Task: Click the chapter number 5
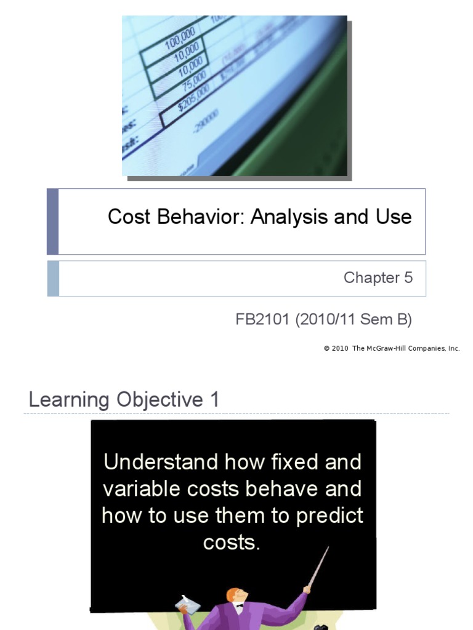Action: (x=408, y=277)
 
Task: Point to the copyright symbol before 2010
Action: (x=326, y=348)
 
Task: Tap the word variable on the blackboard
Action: (x=139, y=489)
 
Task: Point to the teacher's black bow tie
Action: (x=240, y=605)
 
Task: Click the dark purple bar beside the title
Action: (x=53, y=221)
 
